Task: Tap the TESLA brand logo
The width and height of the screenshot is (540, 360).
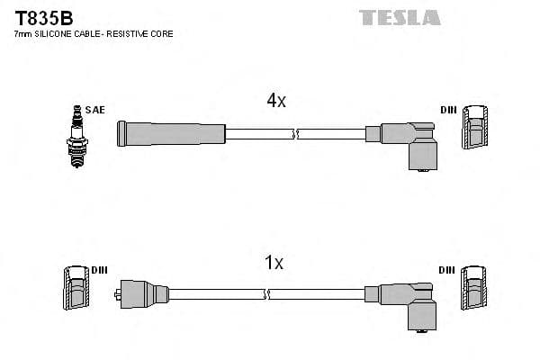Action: (400, 17)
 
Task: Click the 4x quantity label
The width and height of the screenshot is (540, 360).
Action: (275, 102)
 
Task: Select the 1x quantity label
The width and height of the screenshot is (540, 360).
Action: (274, 263)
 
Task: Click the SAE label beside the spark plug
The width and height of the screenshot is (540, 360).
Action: (95, 110)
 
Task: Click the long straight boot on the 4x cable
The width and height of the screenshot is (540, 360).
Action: (170, 134)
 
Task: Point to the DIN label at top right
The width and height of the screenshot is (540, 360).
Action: (447, 110)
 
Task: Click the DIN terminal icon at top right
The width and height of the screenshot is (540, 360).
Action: (476, 128)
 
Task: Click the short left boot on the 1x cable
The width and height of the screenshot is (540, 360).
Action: (141, 292)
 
